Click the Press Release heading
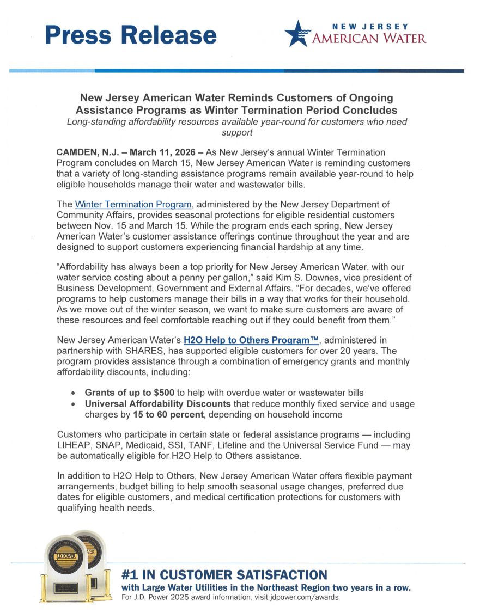pos(131,35)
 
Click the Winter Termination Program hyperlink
pos(133,205)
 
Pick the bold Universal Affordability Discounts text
pos(158,403)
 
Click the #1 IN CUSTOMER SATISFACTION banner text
pos(224,575)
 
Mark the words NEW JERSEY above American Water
pos(370,26)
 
